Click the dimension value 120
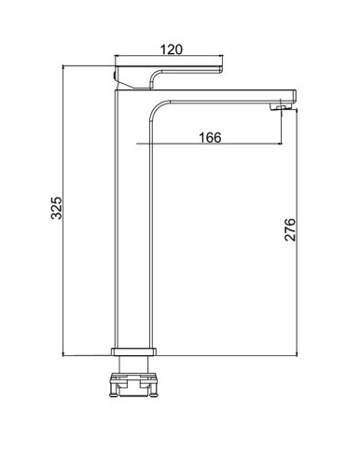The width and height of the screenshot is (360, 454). click(x=172, y=49)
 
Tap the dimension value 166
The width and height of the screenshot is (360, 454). click(x=210, y=137)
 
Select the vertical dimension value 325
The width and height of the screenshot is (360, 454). click(x=57, y=208)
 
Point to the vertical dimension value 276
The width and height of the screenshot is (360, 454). click(x=290, y=229)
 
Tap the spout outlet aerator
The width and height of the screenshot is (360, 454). click(x=281, y=107)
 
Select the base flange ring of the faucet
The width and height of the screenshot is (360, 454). click(x=133, y=351)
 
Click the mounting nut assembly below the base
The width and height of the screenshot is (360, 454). click(x=133, y=385)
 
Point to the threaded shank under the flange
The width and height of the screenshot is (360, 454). click(x=133, y=365)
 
